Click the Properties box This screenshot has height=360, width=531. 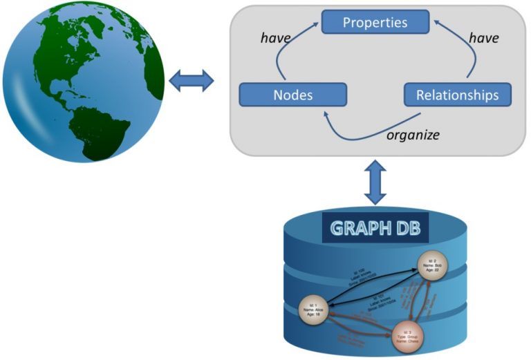coord(375,22)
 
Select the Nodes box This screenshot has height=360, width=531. coord(292,95)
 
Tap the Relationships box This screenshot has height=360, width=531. coord(457,95)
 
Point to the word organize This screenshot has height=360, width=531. coord(412,134)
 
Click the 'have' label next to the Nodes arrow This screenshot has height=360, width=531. coord(275,39)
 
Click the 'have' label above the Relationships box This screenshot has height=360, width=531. coord(483,39)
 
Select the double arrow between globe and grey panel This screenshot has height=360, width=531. coord(192,80)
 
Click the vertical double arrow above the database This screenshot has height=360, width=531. coord(375,181)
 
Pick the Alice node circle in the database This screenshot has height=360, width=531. coord(313,310)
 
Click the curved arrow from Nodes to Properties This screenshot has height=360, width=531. coord(283,55)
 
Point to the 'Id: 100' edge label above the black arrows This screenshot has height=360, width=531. coord(359,274)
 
